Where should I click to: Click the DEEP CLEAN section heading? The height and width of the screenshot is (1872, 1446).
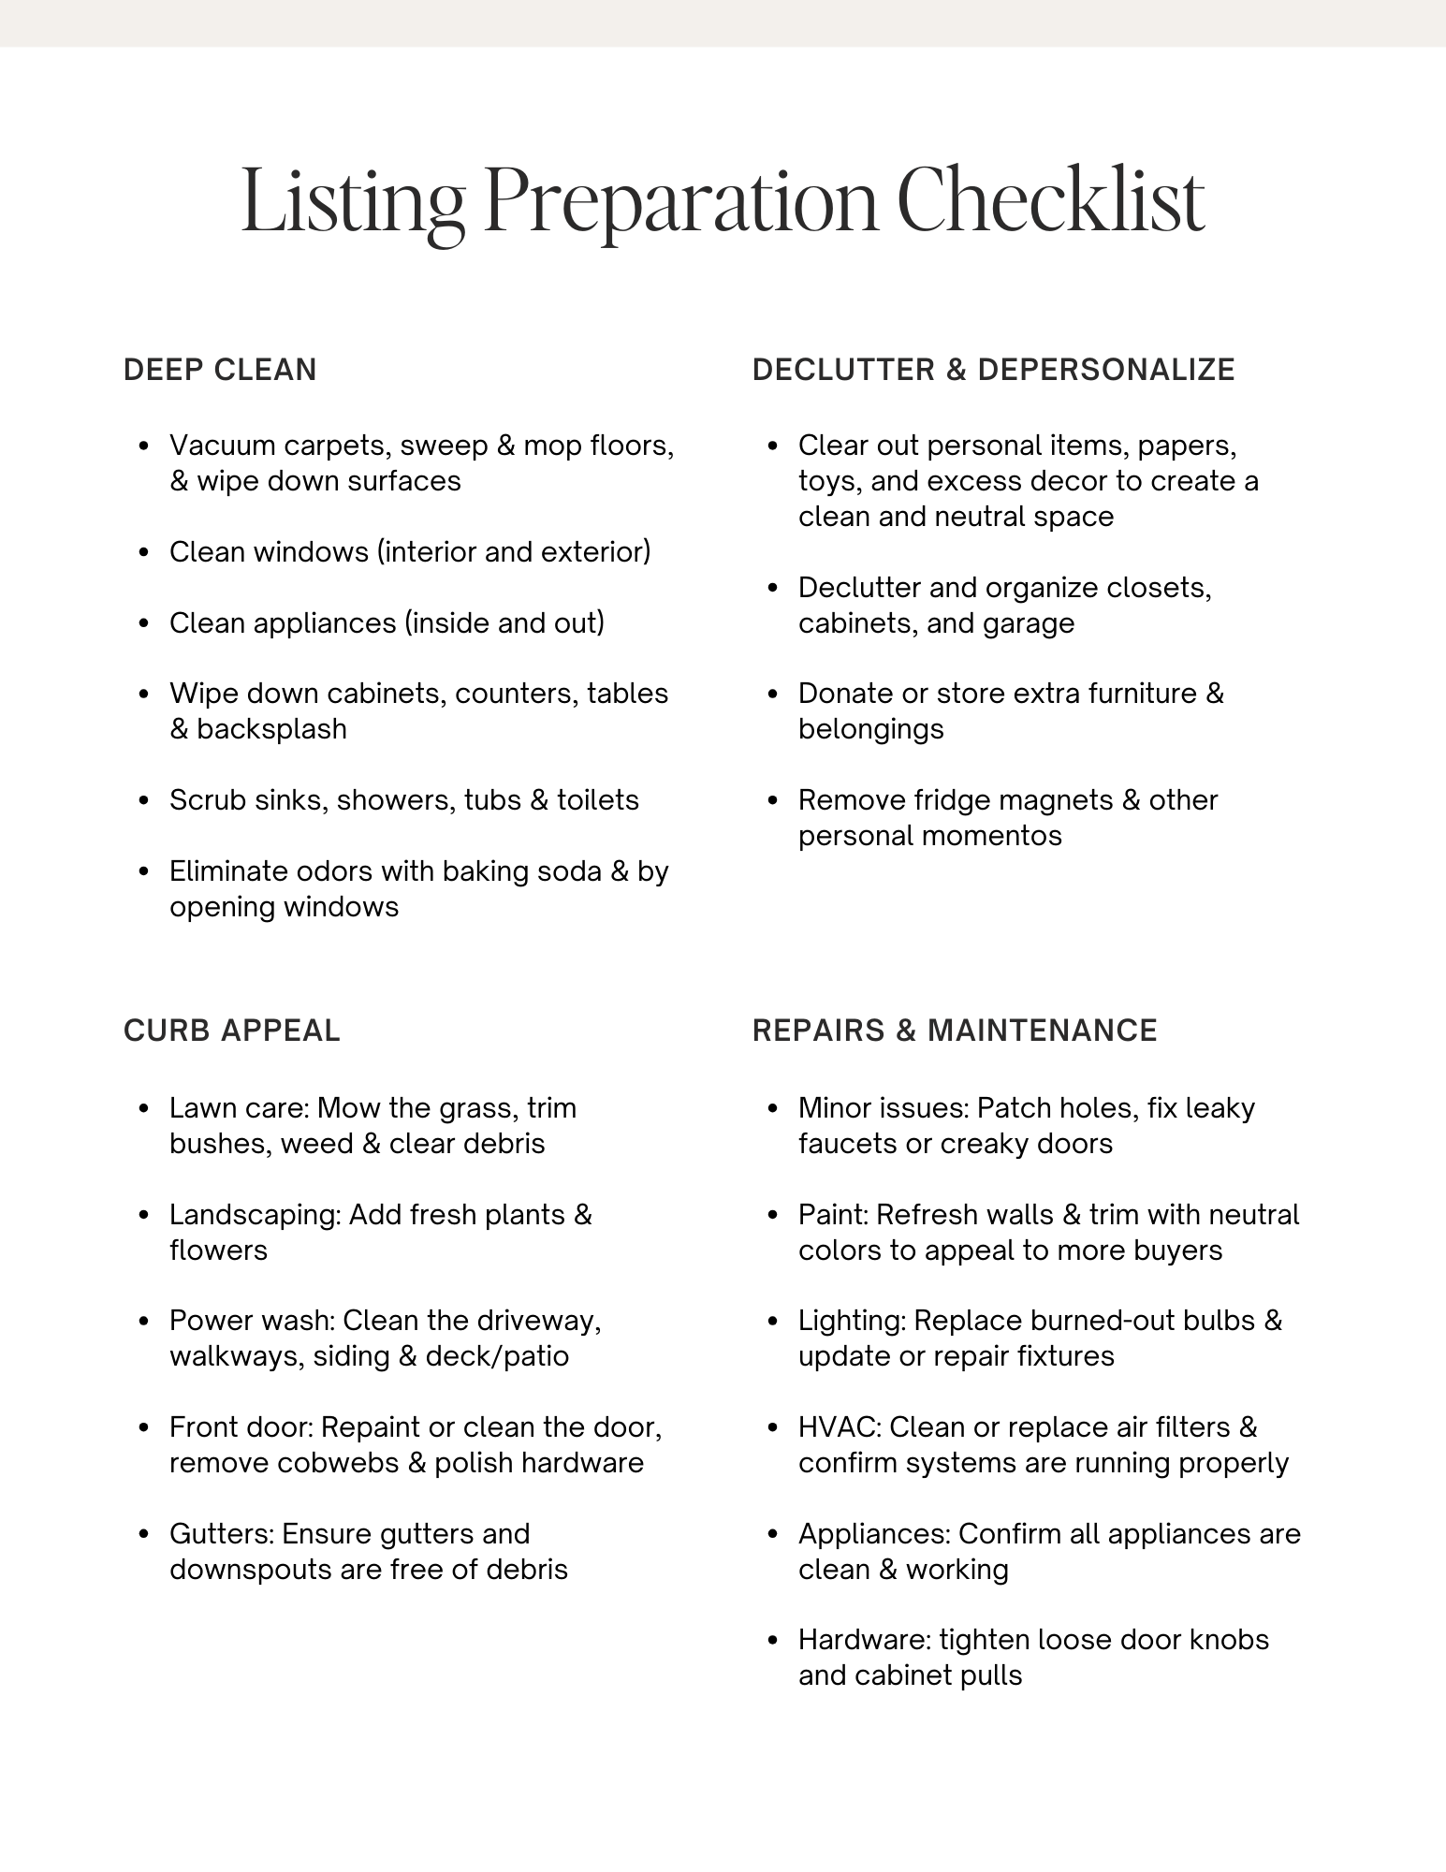[x=220, y=370]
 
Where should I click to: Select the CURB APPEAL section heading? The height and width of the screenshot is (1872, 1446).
[x=231, y=1031]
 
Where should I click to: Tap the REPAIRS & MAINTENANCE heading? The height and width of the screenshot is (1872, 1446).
[x=955, y=1031]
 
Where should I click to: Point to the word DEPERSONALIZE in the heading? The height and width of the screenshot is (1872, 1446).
[x=1106, y=370]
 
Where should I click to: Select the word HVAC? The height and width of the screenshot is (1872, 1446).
[x=839, y=1427]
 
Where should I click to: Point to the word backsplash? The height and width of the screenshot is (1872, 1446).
[x=271, y=729]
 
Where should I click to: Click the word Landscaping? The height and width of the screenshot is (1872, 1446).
[x=255, y=1215]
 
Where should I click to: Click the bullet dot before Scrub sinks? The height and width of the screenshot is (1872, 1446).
[x=144, y=801]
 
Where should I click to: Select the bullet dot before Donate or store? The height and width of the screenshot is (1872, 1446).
[x=773, y=695]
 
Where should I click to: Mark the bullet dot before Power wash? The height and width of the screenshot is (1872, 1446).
[x=144, y=1322]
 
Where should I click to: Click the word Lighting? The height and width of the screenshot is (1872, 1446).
[x=852, y=1321]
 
